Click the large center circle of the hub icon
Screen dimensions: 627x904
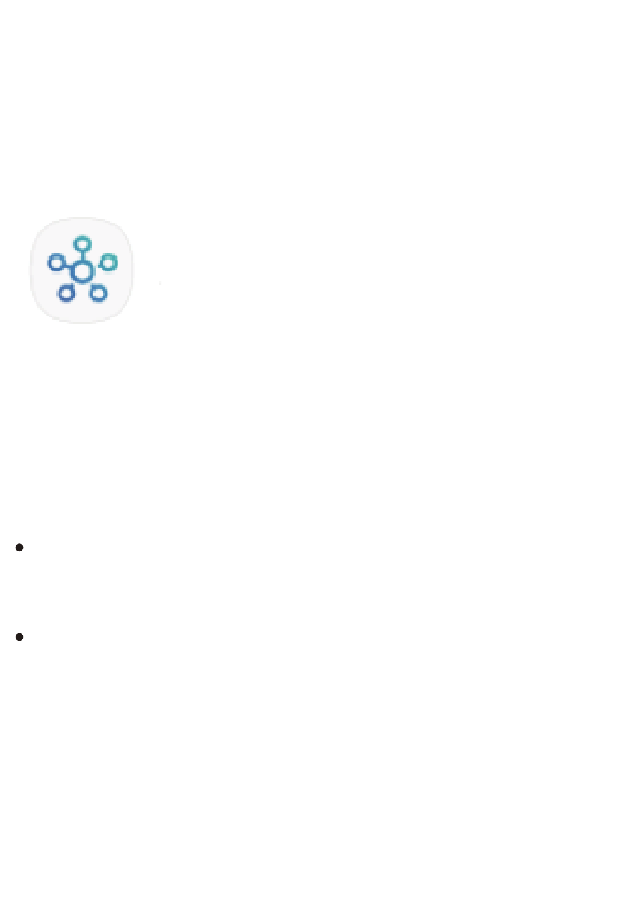tap(82, 271)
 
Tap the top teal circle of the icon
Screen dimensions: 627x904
tap(81, 244)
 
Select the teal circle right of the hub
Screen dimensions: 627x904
tap(109, 263)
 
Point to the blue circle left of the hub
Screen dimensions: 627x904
tap(55, 263)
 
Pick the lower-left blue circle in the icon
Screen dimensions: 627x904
tap(65, 293)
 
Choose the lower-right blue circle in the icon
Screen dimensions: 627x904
tap(98, 293)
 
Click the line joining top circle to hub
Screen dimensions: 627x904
tap(81, 256)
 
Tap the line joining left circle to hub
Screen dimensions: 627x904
tap(67, 267)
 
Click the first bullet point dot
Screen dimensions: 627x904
tap(19, 547)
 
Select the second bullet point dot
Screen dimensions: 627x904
tap(19, 637)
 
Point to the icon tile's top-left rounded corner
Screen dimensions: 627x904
tap(41, 228)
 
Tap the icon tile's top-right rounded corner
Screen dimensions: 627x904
tap(123, 228)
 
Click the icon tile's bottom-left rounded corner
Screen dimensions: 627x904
tap(41, 312)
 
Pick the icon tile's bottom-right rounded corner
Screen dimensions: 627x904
tap(123, 312)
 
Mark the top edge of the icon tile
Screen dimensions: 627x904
tap(82, 219)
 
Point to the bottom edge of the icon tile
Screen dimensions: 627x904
tap(82, 322)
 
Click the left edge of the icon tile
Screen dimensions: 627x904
tap(31, 270)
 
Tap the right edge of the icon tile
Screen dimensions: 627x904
tap(133, 270)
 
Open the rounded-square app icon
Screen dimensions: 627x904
tap(82, 270)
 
